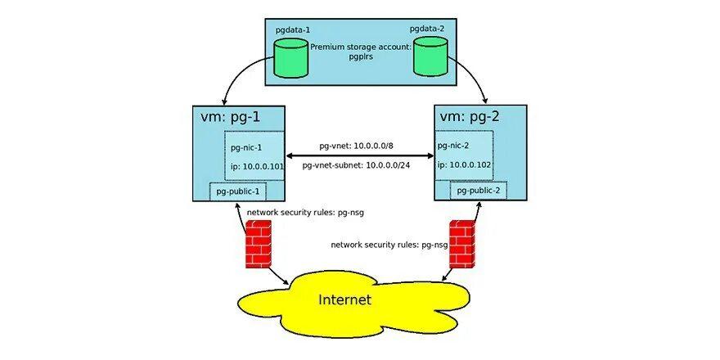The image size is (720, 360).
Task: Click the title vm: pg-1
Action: [x=232, y=116]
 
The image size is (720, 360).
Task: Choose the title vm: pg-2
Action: [x=470, y=116]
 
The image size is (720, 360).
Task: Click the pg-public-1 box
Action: [x=237, y=192]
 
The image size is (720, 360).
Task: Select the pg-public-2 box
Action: [x=479, y=191]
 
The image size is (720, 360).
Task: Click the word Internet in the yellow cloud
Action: [x=344, y=299]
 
